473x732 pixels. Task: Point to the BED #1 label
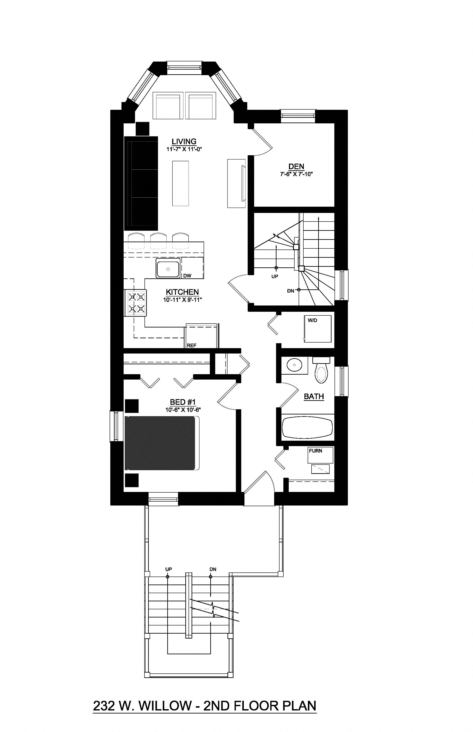183,402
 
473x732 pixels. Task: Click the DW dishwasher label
187,276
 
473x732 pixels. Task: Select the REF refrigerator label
191,345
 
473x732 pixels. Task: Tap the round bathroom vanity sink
294,365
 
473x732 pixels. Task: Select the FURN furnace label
315,451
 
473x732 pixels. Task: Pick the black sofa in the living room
141,184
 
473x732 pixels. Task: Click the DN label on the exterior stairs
213,569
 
